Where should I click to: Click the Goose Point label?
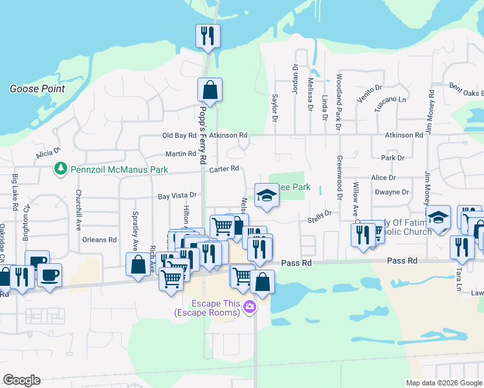37,89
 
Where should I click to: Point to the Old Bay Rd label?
179,136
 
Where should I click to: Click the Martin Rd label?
181,154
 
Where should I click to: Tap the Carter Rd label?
225,169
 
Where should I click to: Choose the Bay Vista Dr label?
177,195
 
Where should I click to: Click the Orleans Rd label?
99,239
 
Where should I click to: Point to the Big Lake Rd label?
14,192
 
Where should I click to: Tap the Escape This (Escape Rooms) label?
206,308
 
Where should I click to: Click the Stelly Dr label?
319,213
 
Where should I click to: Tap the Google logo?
21,380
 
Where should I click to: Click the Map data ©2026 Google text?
444,382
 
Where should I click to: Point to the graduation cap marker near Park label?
265,195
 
